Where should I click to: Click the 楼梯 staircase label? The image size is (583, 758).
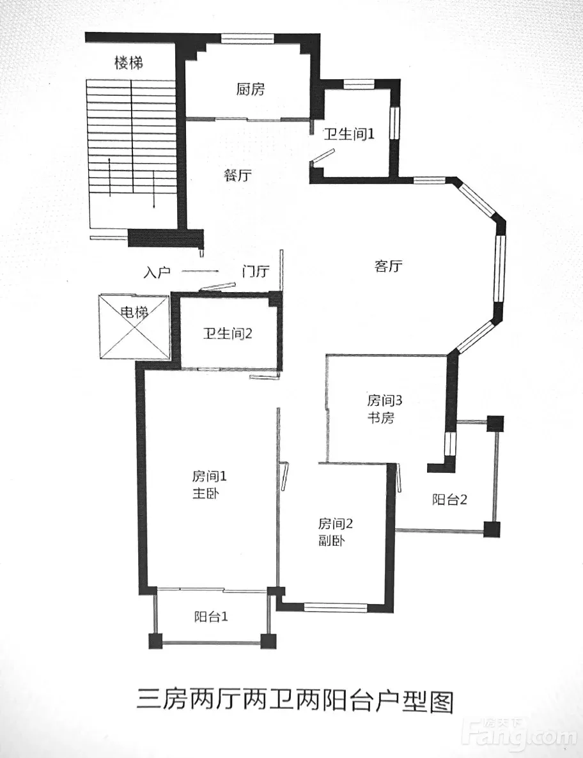tap(128, 63)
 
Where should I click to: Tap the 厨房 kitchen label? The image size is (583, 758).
tap(251, 89)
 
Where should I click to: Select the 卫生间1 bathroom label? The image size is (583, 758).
tap(348, 134)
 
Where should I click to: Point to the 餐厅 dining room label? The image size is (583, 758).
tap(238, 174)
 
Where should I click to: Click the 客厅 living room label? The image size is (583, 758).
tap(388, 266)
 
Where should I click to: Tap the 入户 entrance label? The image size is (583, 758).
tap(157, 272)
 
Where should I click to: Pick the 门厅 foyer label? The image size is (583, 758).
tap(256, 271)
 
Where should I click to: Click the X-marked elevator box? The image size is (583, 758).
tap(134, 327)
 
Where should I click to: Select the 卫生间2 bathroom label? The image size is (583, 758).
tap(227, 334)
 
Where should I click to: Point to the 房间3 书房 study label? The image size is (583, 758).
tap(384, 409)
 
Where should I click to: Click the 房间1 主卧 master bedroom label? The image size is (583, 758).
tap(209, 485)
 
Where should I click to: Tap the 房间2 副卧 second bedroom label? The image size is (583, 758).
tap(335, 532)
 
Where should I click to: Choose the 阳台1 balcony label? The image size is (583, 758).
tap(211, 616)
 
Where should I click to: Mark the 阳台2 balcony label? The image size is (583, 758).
tap(449, 499)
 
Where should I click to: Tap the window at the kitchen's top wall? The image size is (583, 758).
tap(247, 38)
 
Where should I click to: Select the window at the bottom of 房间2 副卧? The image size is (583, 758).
tap(335, 608)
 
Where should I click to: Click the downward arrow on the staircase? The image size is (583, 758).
tap(153, 189)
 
